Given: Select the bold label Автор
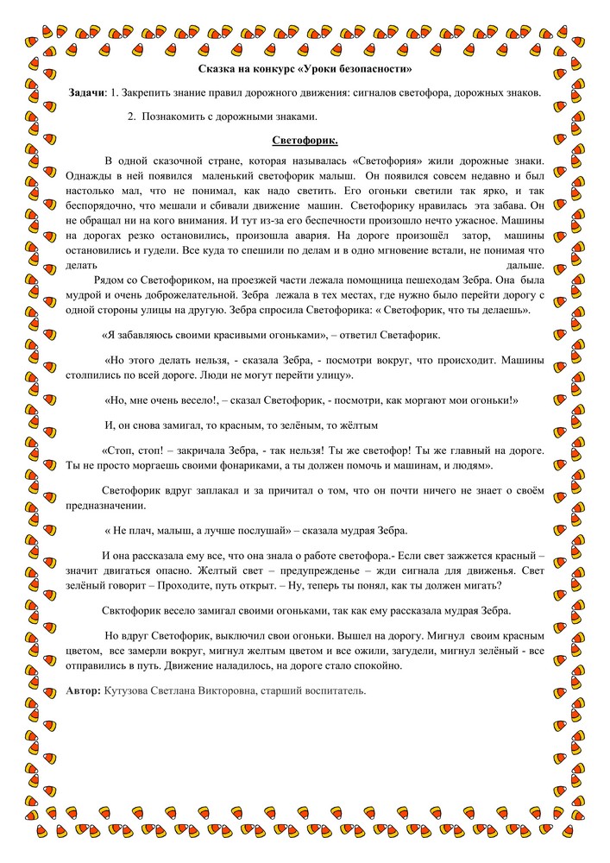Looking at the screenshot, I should [83, 690].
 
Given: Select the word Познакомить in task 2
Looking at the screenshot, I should [177, 116].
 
